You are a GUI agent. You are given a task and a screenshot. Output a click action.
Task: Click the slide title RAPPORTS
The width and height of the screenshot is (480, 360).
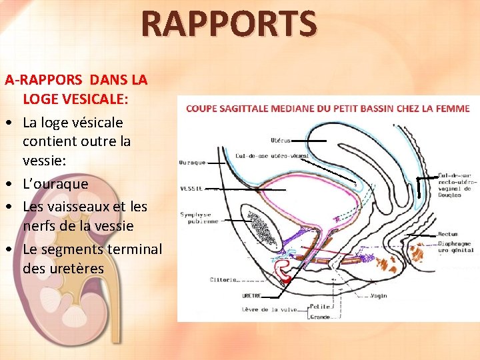click(x=229, y=24)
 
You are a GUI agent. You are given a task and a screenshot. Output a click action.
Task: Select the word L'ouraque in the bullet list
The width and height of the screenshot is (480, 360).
click(x=55, y=183)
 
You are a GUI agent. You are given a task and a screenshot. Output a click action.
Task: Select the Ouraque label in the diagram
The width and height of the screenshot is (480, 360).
click(x=192, y=163)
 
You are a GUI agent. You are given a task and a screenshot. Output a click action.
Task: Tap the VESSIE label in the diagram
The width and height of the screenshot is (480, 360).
click(x=191, y=189)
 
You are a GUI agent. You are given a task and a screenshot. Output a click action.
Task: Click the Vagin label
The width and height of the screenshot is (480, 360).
click(x=379, y=295)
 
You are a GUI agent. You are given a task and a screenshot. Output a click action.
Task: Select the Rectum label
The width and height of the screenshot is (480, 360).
click(x=448, y=235)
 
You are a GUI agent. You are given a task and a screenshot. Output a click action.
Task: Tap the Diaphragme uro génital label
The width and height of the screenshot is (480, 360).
click(x=454, y=247)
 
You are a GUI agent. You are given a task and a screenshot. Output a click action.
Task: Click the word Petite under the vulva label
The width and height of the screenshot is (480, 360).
click(x=320, y=307)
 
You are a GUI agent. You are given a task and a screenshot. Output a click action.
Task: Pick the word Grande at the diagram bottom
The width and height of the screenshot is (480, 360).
click(x=321, y=317)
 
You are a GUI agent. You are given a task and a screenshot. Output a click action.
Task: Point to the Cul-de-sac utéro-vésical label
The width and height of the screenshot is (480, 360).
click(x=272, y=155)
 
